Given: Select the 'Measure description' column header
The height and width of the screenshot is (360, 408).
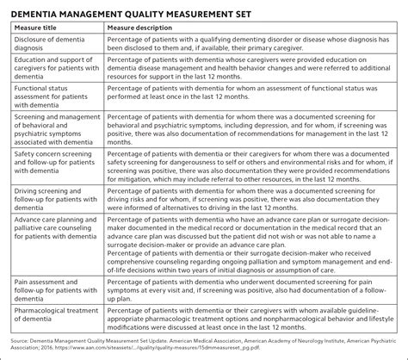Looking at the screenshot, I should pos(146,28).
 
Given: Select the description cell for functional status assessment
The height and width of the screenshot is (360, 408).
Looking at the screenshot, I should pos(250,110).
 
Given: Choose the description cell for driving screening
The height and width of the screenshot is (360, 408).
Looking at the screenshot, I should pos(250,210).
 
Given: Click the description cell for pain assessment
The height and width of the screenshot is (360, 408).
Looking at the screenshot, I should pos(250,289).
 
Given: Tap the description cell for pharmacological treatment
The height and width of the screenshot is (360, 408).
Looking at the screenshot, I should pos(250,316).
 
